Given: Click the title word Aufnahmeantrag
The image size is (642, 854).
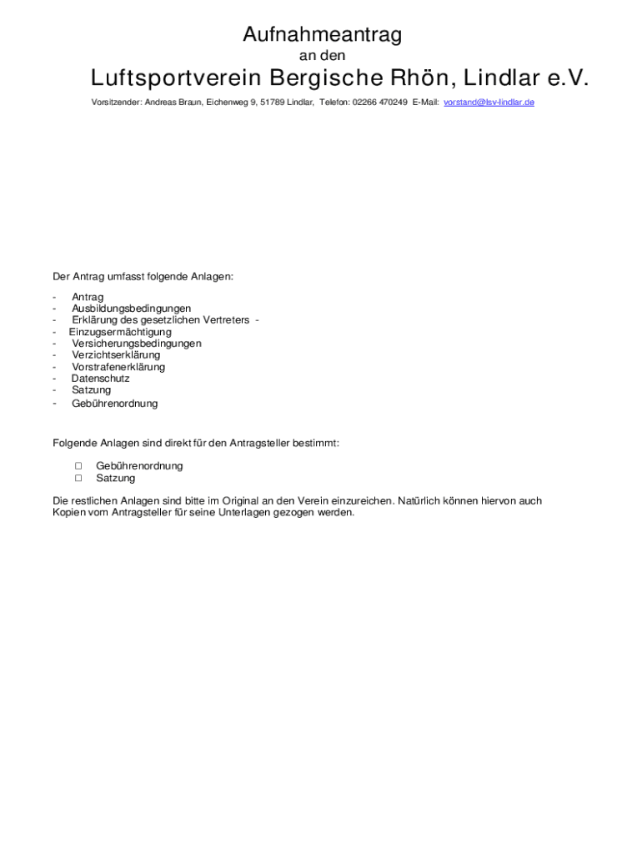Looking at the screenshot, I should pos(322,35).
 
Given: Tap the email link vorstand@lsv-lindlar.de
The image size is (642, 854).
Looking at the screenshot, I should pos(489,103).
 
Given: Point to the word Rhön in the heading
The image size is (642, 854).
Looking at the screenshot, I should pos(412,78).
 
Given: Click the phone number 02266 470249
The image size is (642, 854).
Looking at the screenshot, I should pos(380,103).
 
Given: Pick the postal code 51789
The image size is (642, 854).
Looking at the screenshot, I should pos(273,103).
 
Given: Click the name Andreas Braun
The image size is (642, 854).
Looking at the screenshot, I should pos(173,103).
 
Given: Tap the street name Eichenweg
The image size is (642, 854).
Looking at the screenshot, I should pos(227,103).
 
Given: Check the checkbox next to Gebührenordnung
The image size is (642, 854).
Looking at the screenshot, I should pos(78,466).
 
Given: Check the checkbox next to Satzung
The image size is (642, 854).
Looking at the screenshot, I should pos(78,479).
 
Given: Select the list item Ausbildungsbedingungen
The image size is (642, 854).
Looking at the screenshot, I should pos(131,309).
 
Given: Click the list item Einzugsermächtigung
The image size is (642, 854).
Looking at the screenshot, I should pos(120,332).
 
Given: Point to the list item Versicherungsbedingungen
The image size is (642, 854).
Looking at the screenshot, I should pos(136,344).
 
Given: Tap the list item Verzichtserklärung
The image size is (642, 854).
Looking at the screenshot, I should pos(115,355).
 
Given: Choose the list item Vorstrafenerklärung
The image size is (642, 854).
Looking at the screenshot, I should pos(118,367).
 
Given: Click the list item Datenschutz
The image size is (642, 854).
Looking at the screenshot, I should pos(100,379).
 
